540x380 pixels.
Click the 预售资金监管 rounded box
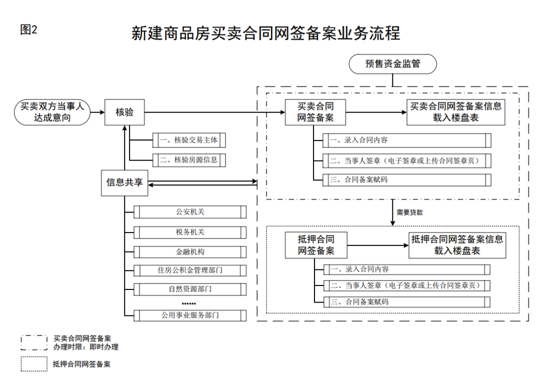(392, 64)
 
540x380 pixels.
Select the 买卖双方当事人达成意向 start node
(52, 112)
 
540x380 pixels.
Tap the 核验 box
(124, 112)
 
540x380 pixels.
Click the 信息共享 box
(124, 182)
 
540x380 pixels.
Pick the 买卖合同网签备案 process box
(315, 112)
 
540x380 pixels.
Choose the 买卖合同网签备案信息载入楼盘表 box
(455, 112)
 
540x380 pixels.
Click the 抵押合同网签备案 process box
(316, 245)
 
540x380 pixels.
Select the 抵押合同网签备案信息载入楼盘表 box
(456, 245)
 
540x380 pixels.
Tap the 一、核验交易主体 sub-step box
(189, 140)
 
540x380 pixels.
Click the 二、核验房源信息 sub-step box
(189, 160)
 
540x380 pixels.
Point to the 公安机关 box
(190, 212)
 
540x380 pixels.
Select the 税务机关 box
(190, 232)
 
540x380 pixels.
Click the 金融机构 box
(190, 251)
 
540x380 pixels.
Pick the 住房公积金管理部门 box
(190, 270)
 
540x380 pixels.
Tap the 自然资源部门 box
(190, 289)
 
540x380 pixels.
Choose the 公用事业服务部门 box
(190, 315)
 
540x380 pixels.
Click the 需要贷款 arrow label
(409, 212)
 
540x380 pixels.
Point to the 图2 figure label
(28, 29)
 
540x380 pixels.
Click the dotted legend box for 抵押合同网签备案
(33, 364)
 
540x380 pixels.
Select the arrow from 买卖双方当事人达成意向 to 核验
(97, 112)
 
